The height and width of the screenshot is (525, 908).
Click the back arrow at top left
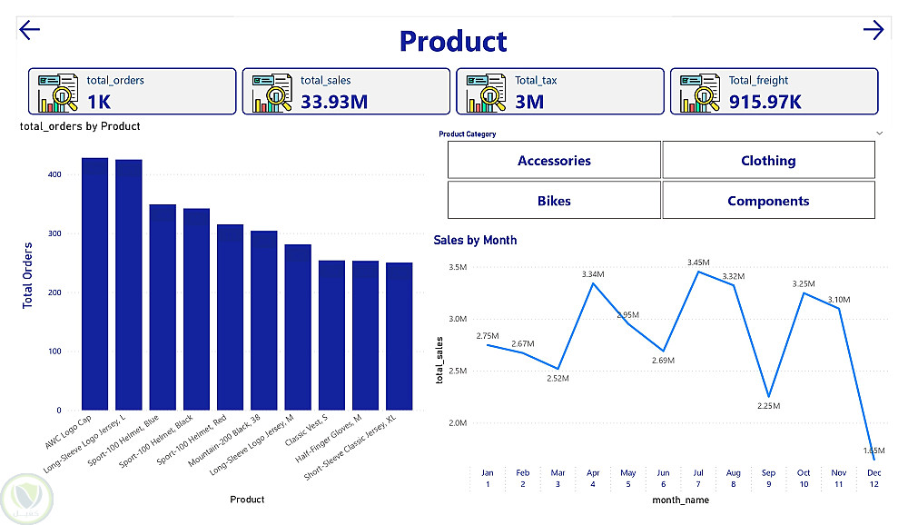(x=30, y=31)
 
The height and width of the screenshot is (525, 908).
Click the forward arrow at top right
(x=873, y=31)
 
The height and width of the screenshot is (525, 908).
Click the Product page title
(x=453, y=42)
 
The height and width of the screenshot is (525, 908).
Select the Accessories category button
(x=554, y=161)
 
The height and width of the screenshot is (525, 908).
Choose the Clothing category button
(x=768, y=161)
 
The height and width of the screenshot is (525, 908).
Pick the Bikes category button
(x=554, y=201)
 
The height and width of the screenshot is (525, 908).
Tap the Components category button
(x=768, y=201)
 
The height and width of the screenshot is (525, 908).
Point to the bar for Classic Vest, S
(x=331, y=335)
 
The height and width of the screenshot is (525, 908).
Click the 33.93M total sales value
(x=334, y=101)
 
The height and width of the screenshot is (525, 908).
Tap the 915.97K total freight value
(x=765, y=101)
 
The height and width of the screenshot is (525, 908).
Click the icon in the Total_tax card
(x=485, y=93)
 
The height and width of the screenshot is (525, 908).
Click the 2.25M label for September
(x=769, y=406)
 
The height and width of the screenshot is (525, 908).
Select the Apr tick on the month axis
(x=593, y=472)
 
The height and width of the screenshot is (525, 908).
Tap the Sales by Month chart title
(x=475, y=241)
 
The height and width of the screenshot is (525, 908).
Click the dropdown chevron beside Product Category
(x=879, y=134)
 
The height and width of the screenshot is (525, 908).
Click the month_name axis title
(x=680, y=500)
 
